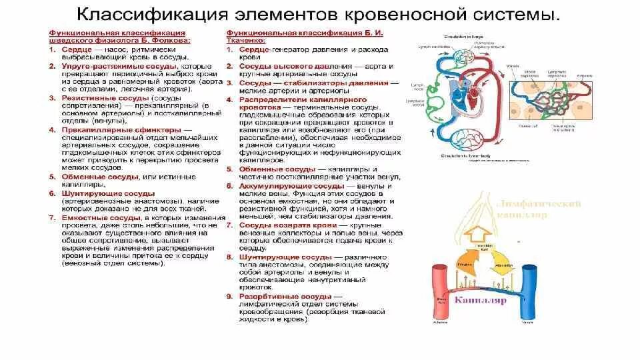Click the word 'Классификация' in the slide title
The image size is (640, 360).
pyautogui.click(x=144, y=13)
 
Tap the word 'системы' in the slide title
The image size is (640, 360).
pyautogui.click(x=513, y=13)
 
